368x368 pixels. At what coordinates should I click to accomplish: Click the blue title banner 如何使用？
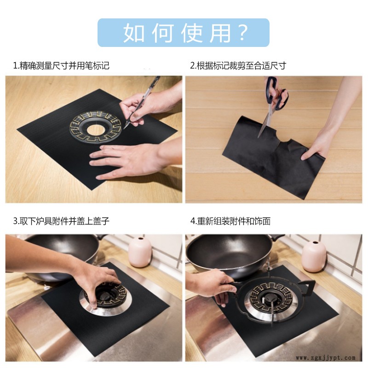coord(183,33)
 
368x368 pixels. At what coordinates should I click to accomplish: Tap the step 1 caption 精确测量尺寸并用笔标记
coord(64,66)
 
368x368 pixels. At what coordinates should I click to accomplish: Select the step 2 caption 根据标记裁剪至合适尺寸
coord(241,66)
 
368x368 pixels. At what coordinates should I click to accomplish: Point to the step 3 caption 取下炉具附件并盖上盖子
coord(64,221)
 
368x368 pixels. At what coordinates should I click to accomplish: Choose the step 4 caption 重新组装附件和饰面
coord(234,221)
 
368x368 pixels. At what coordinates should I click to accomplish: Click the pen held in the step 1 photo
coord(142,102)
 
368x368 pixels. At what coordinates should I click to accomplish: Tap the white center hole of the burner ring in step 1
coord(96,130)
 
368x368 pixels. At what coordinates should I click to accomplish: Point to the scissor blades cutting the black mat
coord(265,122)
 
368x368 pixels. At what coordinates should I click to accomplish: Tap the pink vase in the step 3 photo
coord(140,252)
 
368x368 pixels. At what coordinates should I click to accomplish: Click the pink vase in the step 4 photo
coord(314,256)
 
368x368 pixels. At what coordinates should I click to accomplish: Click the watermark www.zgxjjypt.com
coord(326,358)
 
